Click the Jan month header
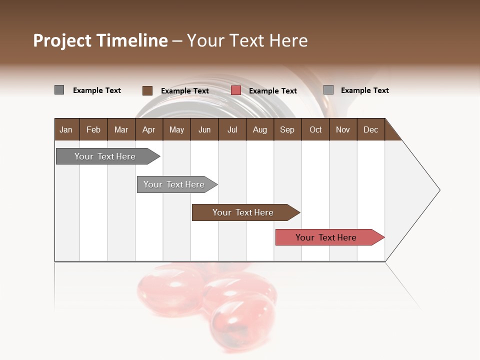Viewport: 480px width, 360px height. tap(66, 129)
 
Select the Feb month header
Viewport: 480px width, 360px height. tap(93, 129)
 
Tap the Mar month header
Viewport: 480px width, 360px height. tap(121, 129)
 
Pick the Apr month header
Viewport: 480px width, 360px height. tap(148, 129)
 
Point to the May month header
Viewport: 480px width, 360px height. tap(176, 129)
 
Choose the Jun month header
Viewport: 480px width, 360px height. tap(204, 129)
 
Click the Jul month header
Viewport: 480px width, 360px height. tap(232, 129)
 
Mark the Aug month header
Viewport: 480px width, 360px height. tap(259, 129)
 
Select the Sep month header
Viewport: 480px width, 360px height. tap(287, 129)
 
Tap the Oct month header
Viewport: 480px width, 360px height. tap(315, 129)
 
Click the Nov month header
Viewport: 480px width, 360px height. tap(342, 129)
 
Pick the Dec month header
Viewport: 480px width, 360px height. tap(370, 129)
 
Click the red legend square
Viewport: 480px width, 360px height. tap(236, 90)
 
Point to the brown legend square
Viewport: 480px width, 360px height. tap(147, 90)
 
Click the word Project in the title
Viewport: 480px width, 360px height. tap(62, 40)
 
